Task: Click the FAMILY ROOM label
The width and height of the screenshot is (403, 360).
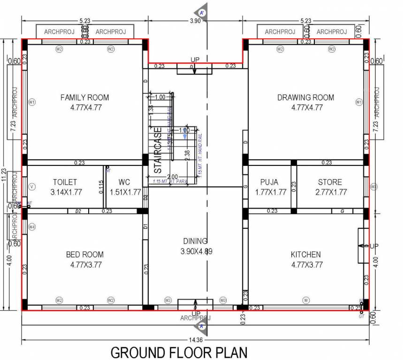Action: click(84, 97)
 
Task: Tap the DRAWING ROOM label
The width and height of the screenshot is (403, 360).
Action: click(305, 97)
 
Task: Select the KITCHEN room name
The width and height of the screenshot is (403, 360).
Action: click(305, 255)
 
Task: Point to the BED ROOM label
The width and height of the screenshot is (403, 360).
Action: click(84, 255)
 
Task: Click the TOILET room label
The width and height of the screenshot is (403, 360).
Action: click(65, 182)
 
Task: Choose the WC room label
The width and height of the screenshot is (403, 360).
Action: click(124, 182)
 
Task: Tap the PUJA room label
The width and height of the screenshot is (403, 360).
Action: click(269, 182)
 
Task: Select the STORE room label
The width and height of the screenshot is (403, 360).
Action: click(330, 182)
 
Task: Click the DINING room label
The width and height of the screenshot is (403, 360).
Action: click(195, 241)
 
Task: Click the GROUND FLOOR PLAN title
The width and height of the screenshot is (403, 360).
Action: click(178, 352)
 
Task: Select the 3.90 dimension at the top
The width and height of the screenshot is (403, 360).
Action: click(196, 20)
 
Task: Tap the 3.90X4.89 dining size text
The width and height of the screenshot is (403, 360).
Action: click(196, 251)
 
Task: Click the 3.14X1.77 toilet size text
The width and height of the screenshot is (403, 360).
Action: click(65, 192)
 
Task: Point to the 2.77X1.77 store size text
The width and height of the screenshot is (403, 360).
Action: click(330, 192)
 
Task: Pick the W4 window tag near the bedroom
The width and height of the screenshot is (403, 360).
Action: click(32, 227)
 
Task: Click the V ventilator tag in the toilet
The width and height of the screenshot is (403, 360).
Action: click(32, 187)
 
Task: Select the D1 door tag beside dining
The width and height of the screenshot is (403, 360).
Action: click(145, 226)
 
